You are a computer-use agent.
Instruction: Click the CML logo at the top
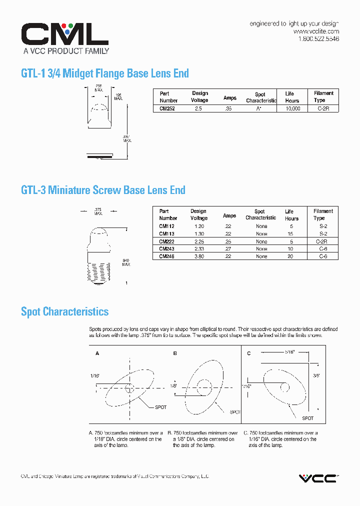(x=64, y=34)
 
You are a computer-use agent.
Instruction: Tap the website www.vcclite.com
(x=316, y=31)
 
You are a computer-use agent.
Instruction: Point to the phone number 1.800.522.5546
(x=318, y=39)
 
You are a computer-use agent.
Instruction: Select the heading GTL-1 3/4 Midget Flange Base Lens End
(x=105, y=73)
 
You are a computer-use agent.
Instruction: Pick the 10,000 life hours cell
(x=292, y=108)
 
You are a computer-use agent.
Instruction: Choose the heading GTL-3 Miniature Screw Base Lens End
(x=103, y=190)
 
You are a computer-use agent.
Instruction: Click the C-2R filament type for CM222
(x=322, y=241)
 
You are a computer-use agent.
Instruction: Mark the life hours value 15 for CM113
(x=289, y=234)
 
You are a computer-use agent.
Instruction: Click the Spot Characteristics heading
(x=64, y=311)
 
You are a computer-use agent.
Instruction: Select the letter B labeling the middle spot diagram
(x=175, y=353)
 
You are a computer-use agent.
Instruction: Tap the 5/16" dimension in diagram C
(x=290, y=351)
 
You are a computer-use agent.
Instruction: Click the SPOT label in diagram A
(x=160, y=407)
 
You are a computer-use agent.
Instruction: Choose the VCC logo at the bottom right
(x=318, y=478)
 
